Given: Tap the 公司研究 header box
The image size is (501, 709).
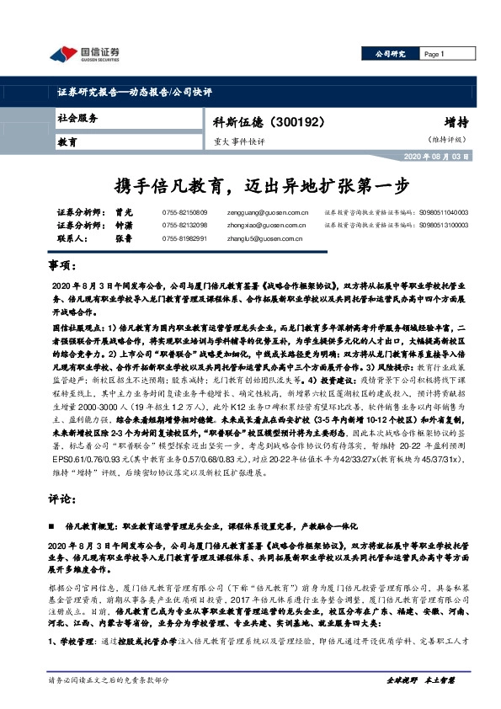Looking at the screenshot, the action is tap(389, 54).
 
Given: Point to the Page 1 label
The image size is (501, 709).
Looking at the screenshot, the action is tap(434, 54).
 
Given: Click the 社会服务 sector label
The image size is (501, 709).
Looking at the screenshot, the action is tap(77, 119).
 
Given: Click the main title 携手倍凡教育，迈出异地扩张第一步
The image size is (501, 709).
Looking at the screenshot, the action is tap(250, 184).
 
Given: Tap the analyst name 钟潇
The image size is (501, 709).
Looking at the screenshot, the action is tap(125, 227).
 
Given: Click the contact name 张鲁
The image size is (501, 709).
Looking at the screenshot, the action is tap(125, 239).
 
